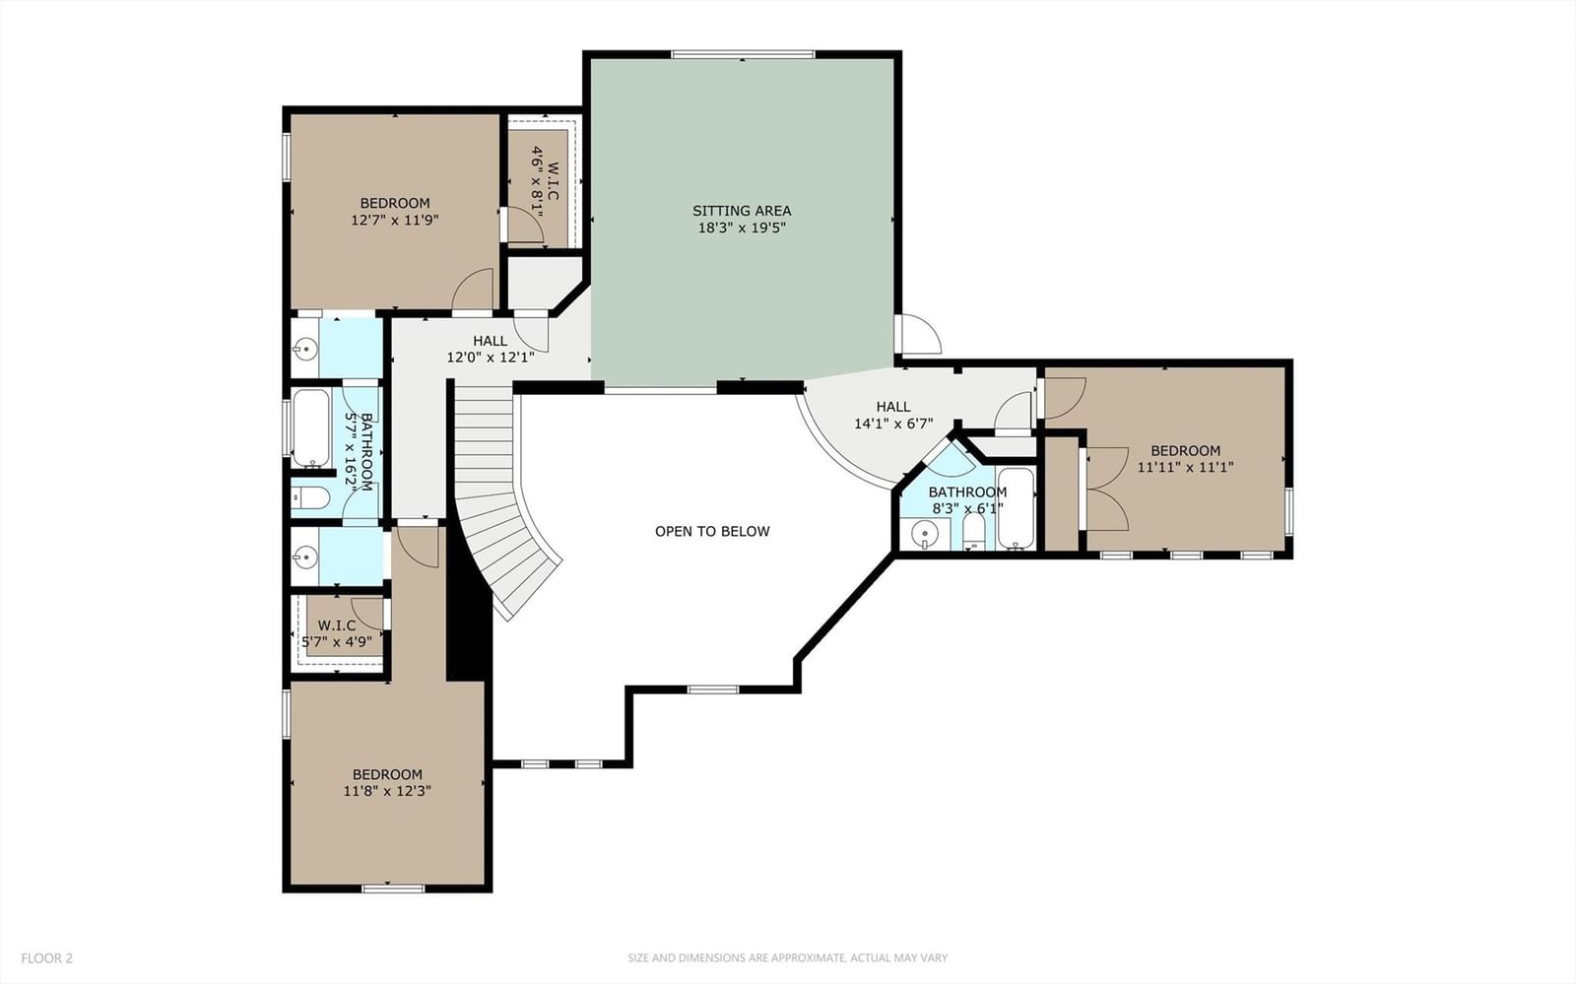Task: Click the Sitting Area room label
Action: coord(742,211)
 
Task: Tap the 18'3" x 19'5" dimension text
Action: coord(742,228)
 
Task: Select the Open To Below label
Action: coord(712,531)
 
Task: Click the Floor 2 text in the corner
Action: coord(46,958)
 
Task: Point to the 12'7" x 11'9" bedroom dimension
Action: coord(395,221)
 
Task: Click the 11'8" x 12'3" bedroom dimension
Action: coord(387,791)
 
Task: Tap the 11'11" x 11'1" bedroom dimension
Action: coord(1186,467)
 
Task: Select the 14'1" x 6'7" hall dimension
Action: coord(893,424)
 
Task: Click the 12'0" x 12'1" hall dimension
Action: coord(491,358)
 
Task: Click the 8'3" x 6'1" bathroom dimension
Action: coord(967,508)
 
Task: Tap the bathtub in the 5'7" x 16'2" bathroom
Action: coord(310,427)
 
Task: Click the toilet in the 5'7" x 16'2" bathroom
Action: coord(310,498)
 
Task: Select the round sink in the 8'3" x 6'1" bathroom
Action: coord(925,535)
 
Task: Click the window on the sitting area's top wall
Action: coord(743,54)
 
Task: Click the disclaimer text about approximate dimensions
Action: coord(787,958)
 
